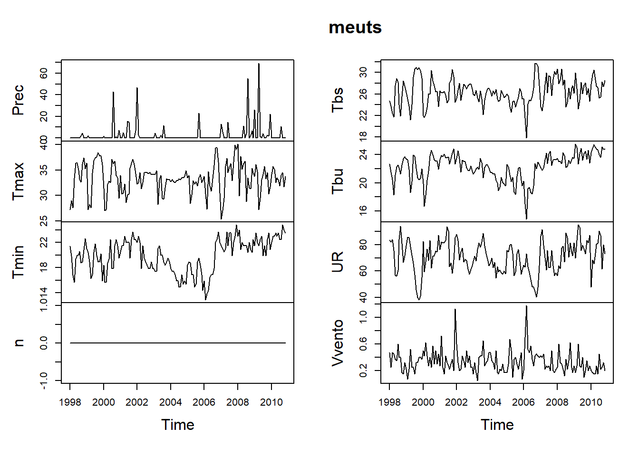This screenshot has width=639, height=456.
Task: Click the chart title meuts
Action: click(x=355, y=28)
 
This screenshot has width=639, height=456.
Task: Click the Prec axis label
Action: click(x=18, y=100)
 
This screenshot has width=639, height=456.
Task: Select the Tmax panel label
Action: click(x=18, y=181)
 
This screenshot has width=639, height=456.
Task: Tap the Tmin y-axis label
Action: click(x=18, y=262)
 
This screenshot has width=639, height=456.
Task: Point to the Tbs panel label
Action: click(x=338, y=100)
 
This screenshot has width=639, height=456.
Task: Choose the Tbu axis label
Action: click(x=338, y=181)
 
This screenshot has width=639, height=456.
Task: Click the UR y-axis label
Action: click(x=338, y=262)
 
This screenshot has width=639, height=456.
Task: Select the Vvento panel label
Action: click(x=338, y=342)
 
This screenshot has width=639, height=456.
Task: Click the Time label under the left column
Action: click(x=177, y=425)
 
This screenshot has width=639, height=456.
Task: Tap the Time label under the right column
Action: click(x=497, y=425)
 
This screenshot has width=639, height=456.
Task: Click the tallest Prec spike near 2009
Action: click(x=259, y=64)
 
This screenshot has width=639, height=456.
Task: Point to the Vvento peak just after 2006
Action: click(x=526, y=306)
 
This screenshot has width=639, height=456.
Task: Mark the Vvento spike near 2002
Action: click(x=455, y=310)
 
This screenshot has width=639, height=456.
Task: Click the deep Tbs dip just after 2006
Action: click(x=526, y=137)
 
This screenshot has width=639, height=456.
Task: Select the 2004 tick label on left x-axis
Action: click(x=170, y=402)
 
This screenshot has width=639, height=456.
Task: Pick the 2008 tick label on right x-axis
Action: click(x=557, y=402)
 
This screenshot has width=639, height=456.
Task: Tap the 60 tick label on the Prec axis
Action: click(x=44, y=73)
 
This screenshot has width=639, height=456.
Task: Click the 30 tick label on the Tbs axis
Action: click(x=363, y=72)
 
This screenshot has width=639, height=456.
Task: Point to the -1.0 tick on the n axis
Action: click(x=44, y=380)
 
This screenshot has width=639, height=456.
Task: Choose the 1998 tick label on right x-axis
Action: click(x=389, y=402)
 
